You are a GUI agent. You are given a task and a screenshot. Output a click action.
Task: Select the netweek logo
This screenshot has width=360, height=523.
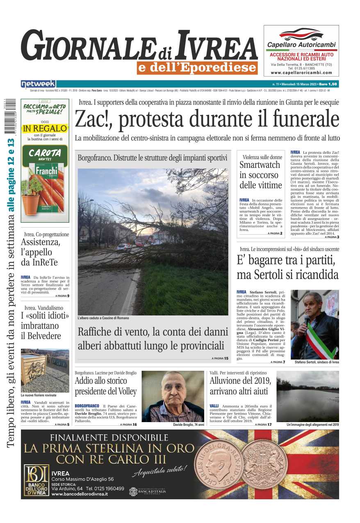tap(38, 84)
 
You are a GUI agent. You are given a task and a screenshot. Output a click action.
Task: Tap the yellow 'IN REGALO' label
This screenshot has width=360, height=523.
tap(45, 128)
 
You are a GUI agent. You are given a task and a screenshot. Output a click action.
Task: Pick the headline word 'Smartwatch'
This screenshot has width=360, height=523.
tap(260, 165)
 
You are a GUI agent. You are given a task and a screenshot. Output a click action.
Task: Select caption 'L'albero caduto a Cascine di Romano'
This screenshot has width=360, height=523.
tap(103, 318)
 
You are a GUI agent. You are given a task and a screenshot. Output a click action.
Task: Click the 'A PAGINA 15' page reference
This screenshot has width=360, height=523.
tap(220, 358)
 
